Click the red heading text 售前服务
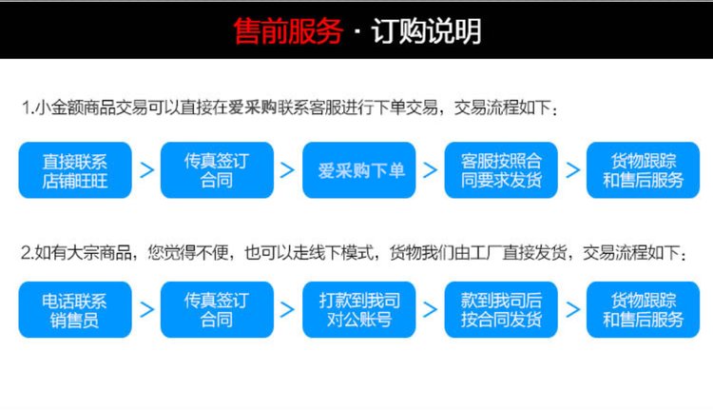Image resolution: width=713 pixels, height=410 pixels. pos(288,31)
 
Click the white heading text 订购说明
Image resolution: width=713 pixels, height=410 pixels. pos(427,31)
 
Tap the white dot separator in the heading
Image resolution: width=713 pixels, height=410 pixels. pos(356,31)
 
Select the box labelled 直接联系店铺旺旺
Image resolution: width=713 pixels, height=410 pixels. pos(75,170)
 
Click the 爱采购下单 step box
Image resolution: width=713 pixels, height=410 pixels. pos(359,170)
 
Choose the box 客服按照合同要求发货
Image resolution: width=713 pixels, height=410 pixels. pos(501,170)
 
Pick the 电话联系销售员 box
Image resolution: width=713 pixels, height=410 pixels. pos(75,310)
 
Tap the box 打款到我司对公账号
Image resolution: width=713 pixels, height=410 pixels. pos(359,310)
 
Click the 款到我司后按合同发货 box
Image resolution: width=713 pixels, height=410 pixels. pos(501,310)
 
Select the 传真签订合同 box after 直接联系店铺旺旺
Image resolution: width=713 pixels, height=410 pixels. pos(217,170)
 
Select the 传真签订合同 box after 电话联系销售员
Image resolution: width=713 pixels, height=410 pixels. pos(217,310)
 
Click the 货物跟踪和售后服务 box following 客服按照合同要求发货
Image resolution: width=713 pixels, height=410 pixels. pos(643,170)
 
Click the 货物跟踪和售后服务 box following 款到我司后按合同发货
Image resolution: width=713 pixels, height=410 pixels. pos(643,310)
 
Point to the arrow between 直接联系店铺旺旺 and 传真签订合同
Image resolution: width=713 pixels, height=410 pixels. pos(146,170)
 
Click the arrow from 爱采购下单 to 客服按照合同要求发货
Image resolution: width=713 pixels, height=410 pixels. pos(430,170)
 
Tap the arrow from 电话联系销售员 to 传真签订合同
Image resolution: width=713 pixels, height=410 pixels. pos(146,310)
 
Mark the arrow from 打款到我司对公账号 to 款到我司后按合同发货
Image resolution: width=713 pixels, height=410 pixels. pos(430,310)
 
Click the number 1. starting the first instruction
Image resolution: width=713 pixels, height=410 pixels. pos(28,108)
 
